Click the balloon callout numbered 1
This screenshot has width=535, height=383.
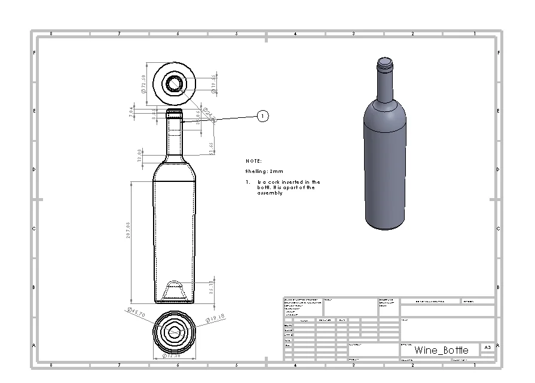pos(263,115)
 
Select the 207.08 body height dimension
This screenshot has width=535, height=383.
pos(128,231)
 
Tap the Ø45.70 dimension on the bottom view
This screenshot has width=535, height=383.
pos(136,312)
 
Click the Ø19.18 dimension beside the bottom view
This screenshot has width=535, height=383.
pos(214,317)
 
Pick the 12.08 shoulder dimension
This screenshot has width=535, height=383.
pos(139,155)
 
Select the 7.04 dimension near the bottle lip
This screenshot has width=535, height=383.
pos(132,113)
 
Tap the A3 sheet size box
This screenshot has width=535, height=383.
pos(487,347)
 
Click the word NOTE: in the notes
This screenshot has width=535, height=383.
pos(254,161)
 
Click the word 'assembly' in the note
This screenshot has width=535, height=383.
pos(270,193)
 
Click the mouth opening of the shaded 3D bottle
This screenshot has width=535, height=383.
pos(385,60)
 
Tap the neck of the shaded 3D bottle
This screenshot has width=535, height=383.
pos(385,84)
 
